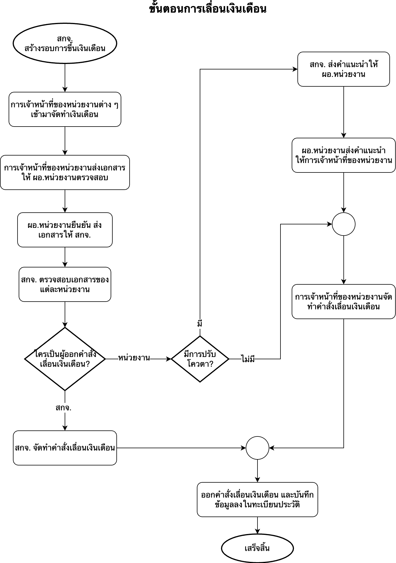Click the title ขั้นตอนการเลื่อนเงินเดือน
207,9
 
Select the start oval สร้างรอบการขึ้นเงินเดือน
65,43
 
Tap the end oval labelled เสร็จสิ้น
257,548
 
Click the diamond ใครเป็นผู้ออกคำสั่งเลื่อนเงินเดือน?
65,359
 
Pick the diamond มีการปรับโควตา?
200,359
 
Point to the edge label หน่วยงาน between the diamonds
134,358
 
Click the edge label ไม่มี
248,359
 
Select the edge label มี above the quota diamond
200,324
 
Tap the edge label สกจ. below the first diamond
64,407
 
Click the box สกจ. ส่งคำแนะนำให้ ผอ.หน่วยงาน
343,69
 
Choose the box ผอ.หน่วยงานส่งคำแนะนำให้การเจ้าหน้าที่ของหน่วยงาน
343,155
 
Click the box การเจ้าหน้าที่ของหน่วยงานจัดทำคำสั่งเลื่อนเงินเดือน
343,302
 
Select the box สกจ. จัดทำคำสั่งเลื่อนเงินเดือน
65,448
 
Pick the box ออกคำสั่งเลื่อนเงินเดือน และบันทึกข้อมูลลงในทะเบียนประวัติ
257,500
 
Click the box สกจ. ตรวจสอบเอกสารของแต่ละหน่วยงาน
65,284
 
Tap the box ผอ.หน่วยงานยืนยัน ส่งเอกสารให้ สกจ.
65,230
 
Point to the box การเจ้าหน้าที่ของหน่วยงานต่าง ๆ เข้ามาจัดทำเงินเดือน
65,109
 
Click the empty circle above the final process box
257,448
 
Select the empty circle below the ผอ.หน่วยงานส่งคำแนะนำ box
343,224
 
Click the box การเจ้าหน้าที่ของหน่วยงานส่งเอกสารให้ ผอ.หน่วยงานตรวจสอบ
65,172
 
